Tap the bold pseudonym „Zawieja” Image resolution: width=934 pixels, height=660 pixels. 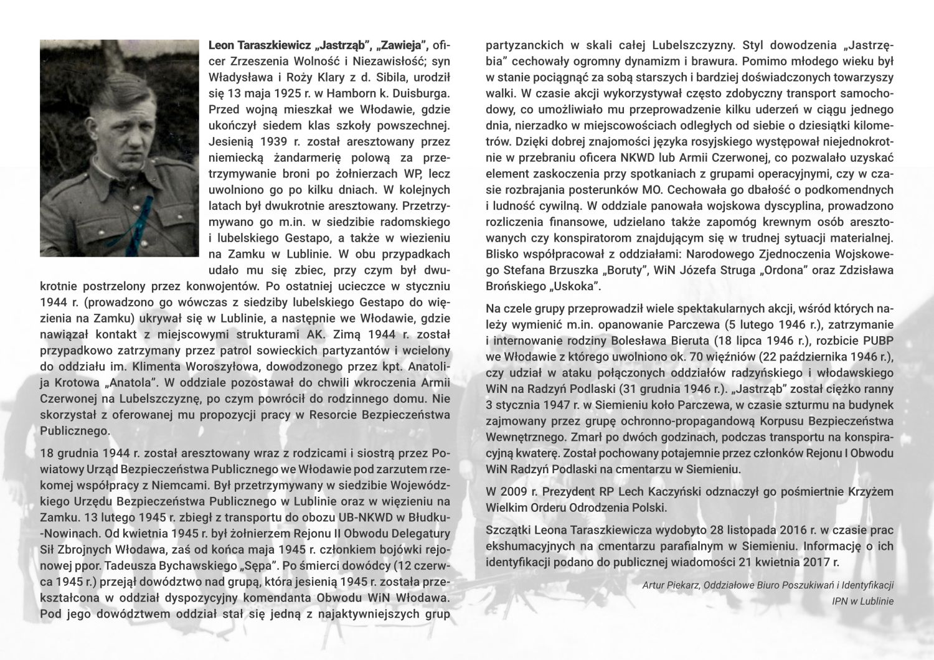(x=400, y=45)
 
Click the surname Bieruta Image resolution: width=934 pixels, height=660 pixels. (x=685, y=341)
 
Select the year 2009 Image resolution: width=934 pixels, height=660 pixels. (x=516, y=492)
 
